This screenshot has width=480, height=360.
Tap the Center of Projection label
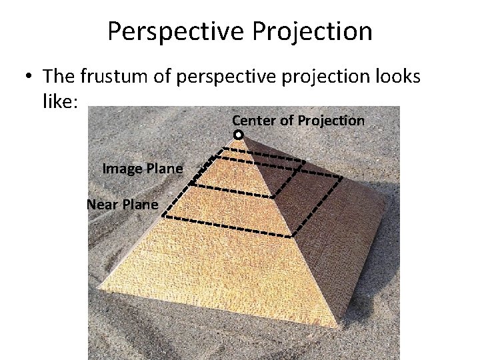298,121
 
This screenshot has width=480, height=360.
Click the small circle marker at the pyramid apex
239,135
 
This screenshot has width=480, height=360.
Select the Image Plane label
142,169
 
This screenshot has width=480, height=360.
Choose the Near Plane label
123,205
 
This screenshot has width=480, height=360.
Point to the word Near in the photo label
101,205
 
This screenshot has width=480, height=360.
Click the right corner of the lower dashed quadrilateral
342,177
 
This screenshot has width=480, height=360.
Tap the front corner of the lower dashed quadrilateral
291,236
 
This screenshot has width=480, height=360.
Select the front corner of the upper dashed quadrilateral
274,197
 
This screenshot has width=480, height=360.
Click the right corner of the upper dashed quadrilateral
305,161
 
